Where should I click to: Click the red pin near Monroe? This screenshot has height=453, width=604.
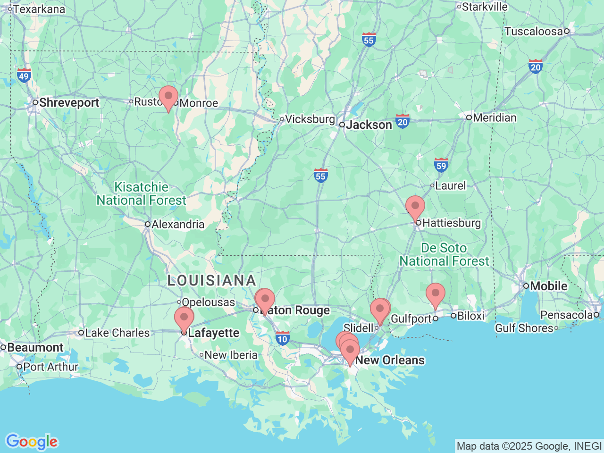pos(168,97)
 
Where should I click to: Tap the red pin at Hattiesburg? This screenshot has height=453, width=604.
pos(415,207)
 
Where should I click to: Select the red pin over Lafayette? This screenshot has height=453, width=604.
pos(184,318)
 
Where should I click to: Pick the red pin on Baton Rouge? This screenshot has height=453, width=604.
pos(265,300)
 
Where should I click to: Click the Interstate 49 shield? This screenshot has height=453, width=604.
pos(24,75)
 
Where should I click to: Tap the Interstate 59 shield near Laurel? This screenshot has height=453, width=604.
pos(441,165)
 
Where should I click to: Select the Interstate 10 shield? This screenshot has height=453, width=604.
pos(282,338)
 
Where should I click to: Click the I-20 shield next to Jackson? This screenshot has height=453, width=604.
pos(403,121)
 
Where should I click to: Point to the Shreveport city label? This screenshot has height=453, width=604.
pos(69,102)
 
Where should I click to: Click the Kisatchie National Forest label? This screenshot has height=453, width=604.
pos(142,194)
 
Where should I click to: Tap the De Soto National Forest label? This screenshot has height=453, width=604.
pos(445,254)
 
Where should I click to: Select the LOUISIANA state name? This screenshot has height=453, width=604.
pos(212,281)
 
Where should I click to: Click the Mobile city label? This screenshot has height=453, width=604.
pos(548,286)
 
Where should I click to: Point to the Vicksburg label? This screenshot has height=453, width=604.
pos(310,119)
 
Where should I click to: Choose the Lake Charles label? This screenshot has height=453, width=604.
pos(117,333)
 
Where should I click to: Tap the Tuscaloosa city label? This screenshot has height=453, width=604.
pos(534,32)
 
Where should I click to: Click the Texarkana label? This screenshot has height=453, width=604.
pos(39,9)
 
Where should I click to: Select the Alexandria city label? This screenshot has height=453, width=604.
pos(178,224)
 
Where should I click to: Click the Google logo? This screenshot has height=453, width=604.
pos(32,442)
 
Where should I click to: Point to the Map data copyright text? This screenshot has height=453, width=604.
pos(529,446)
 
